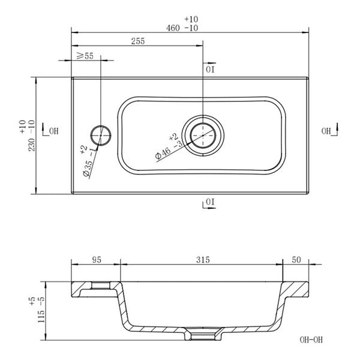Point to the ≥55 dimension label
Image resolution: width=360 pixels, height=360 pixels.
tap(85, 56)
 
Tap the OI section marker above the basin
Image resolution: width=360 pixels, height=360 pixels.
tap(209, 69)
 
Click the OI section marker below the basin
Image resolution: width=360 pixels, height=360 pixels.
tap(209, 202)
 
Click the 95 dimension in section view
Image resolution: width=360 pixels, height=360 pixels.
tap(96, 260)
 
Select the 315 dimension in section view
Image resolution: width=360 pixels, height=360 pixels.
tap(202, 260)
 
